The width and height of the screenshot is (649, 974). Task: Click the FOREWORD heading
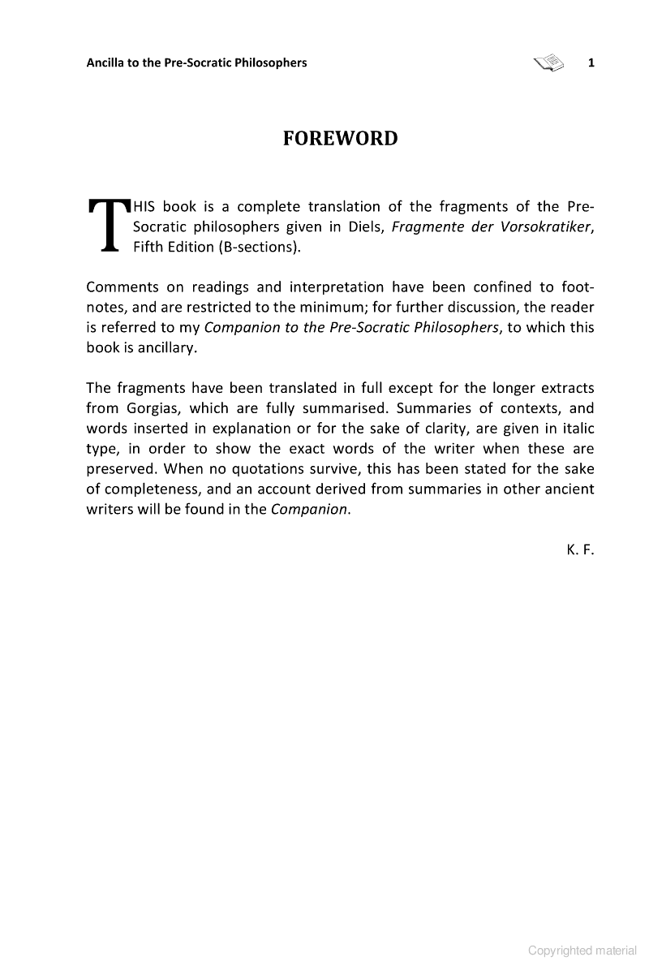point(340,139)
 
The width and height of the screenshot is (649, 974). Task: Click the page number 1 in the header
point(591,62)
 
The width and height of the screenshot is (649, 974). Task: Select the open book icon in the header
point(549,62)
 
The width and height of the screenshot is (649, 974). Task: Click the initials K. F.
point(581,549)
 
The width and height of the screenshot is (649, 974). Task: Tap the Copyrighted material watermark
point(582,950)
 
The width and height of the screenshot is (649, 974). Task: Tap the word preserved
point(121,468)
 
